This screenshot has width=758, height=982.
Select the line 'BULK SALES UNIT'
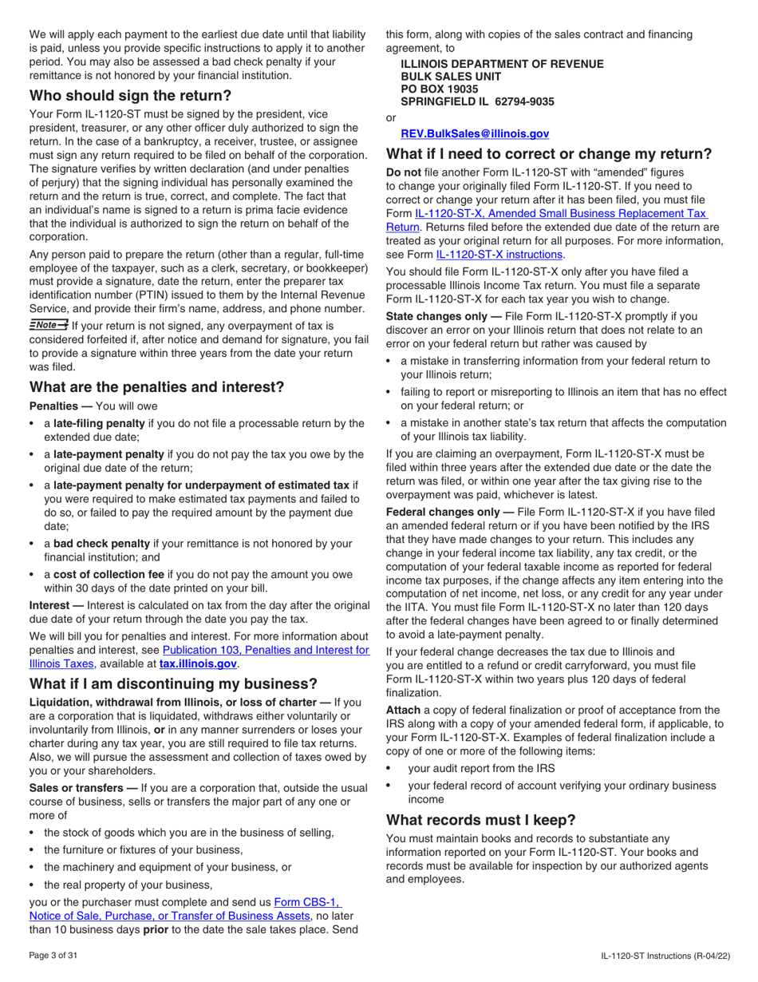click(451, 76)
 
